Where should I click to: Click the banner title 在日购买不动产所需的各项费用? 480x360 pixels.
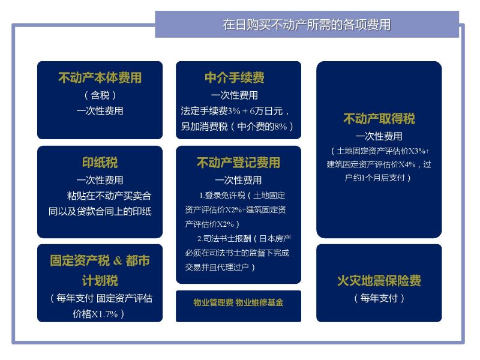click(x=307, y=25)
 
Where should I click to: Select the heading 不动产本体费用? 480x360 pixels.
click(x=100, y=77)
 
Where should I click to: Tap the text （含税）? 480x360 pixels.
click(x=100, y=95)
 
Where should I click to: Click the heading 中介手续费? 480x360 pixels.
click(x=235, y=77)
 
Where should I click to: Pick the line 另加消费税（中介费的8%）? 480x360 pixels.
click(x=237, y=127)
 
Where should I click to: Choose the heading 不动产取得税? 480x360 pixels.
click(x=379, y=118)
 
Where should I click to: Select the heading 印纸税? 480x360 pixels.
click(x=100, y=162)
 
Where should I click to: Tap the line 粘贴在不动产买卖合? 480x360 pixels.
click(x=109, y=196)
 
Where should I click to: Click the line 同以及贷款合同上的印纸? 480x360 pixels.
click(x=100, y=212)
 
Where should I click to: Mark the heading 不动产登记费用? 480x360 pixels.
click(x=238, y=162)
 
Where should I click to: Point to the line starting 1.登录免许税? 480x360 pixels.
click(x=242, y=196)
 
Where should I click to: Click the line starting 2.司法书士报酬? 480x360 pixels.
click(x=244, y=238)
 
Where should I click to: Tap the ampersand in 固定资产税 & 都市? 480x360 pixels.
click(x=118, y=261)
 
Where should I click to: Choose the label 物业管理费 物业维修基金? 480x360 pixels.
click(x=238, y=303)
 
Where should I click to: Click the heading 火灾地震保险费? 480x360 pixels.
click(x=379, y=280)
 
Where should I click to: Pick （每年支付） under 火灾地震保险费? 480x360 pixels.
click(x=379, y=298)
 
